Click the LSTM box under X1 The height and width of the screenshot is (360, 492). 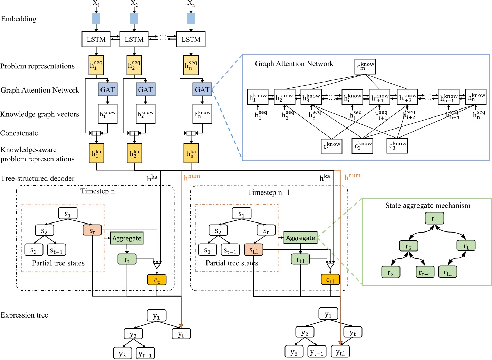coord(96,39)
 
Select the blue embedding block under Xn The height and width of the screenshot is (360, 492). coord(191,19)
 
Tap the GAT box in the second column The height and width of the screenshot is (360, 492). coord(145,90)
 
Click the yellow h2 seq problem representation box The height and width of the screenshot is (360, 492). coord(134,65)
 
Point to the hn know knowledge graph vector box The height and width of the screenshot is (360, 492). coord(202,114)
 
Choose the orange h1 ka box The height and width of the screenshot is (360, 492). coord(96,153)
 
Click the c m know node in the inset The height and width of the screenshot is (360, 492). coord(365,66)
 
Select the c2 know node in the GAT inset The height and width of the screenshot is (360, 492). coord(363,145)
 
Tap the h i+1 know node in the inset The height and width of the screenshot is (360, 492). coord(379,97)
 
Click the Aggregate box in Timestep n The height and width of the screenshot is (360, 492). coord(127,238)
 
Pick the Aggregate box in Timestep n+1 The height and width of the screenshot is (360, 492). coord(300,238)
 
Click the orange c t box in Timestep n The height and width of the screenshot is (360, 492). coord(157,280)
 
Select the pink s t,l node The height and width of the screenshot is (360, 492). coord(253,250)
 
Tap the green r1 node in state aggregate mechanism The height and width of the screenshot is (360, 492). coord(434,218)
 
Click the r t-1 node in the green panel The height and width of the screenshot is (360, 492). coord(425,272)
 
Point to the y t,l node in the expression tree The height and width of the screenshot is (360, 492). coord(340,351)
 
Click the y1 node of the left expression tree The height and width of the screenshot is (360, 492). coord(157,315)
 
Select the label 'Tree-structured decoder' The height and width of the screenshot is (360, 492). coord(38,179)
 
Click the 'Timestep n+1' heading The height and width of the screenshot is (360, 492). coord(269,192)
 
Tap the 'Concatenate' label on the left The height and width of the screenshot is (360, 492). coord(19,133)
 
